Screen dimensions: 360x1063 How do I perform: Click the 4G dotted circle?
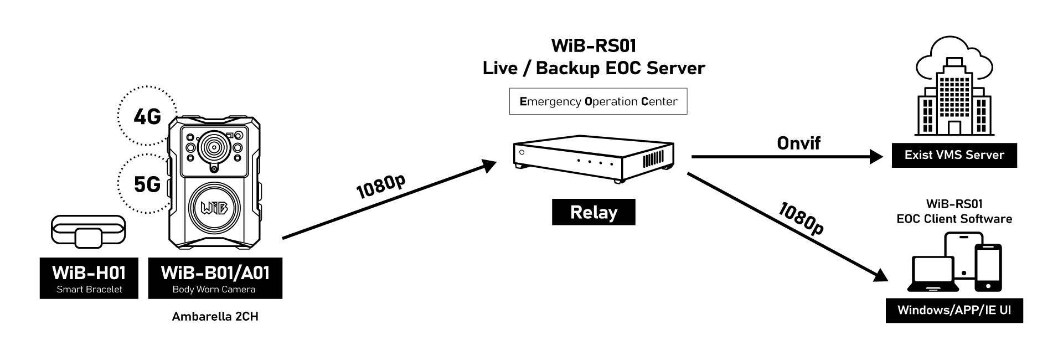coord(147,116)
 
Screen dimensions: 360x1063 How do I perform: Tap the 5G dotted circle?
coord(146,183)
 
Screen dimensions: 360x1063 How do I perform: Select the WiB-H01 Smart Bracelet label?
coord(89,279)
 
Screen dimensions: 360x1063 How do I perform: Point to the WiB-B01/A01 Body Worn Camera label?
coord(215,279)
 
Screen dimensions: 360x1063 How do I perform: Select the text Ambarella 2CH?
coord(215,317)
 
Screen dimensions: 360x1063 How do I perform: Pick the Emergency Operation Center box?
coord(598,101)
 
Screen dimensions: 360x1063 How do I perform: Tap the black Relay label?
coord(594,213)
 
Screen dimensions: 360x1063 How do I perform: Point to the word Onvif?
coord(798,143)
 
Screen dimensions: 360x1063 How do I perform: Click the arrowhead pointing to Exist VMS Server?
coord(876,157)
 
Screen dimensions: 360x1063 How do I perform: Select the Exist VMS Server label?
coord(954,155)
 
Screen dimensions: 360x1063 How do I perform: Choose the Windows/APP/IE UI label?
coord(954,310)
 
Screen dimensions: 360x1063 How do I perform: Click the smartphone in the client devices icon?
coord(988,269)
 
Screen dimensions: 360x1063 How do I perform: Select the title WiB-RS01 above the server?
coord(594,45)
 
